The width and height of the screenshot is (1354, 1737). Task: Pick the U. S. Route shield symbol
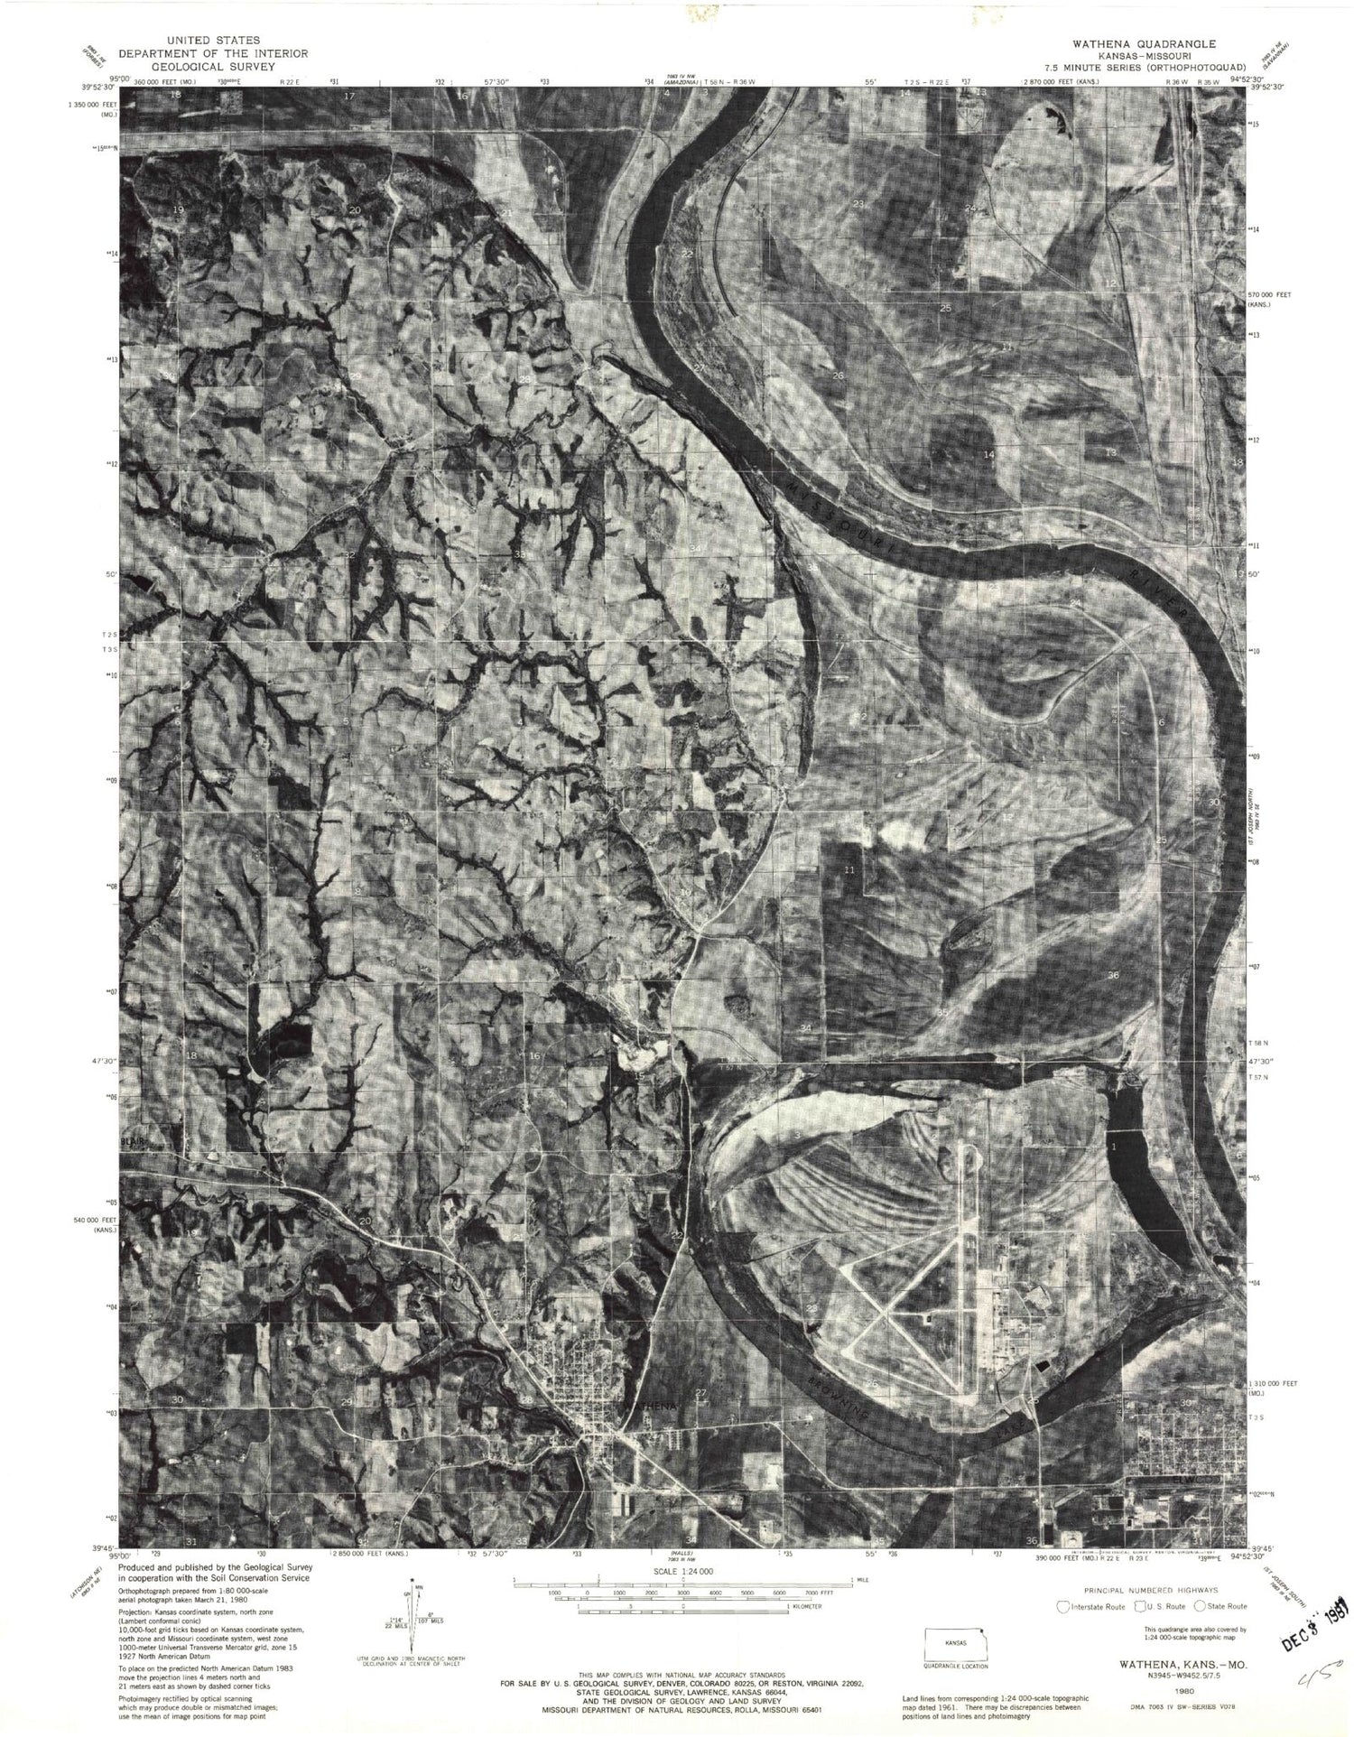click(1140, 1606)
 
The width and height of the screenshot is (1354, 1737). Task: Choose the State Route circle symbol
click(1200, 1606)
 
